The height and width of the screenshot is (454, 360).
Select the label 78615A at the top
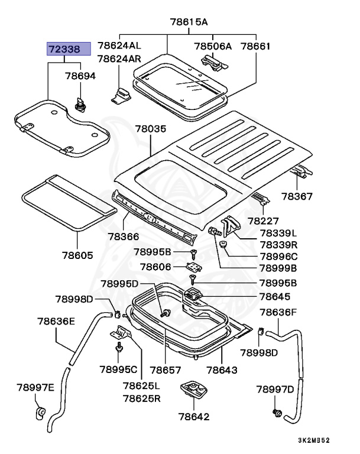189,22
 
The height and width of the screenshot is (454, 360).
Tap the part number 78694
80,76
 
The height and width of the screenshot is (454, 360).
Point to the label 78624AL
119,46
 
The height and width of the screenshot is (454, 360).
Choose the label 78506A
213,46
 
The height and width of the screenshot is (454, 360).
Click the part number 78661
255,46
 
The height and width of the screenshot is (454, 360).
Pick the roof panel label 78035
150,128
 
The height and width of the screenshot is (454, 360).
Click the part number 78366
123,236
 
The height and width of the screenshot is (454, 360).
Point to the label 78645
275,297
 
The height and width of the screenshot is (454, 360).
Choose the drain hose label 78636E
56,322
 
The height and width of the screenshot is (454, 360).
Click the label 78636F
278,312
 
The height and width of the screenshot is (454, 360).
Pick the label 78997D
275,389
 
